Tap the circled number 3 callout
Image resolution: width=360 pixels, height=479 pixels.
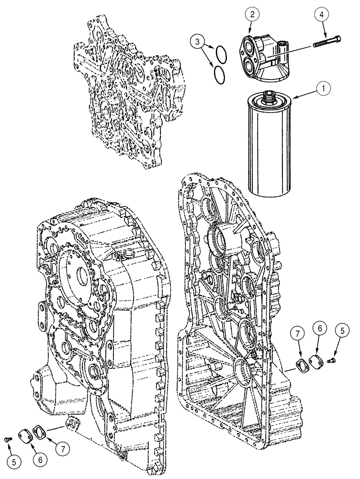tap(196, 43)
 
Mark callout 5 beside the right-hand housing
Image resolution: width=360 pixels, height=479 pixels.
tap(342, 330)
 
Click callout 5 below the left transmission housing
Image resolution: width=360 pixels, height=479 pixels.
tap(14, 462)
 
